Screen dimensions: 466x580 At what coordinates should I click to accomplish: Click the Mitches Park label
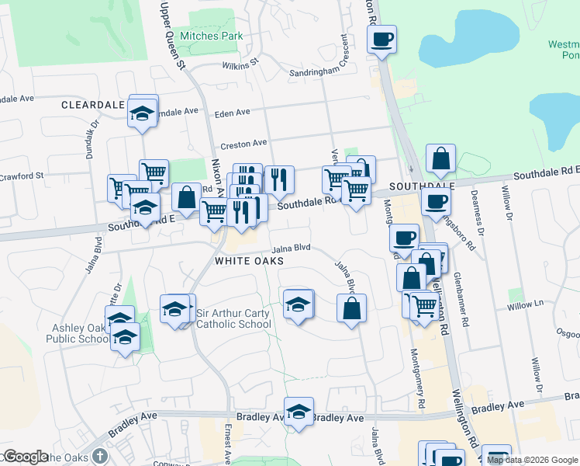(211, 36)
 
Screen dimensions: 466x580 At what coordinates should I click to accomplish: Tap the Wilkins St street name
(240, 66)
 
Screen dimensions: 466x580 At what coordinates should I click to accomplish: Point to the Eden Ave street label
(232, 113)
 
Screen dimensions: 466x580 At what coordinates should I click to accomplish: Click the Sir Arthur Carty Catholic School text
(233, 319)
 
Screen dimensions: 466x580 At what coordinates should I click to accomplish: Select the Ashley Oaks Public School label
(77, 333)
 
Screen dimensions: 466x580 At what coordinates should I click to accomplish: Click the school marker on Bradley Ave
(298, 411)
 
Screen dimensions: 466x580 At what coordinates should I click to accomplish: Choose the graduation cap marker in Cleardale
(143, 113)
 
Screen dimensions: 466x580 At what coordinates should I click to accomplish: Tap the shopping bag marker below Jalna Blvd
(351, 308)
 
